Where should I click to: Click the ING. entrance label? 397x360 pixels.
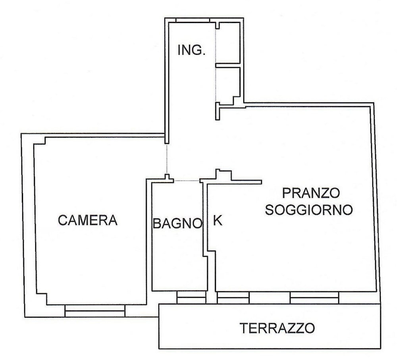click(x=192, y=50)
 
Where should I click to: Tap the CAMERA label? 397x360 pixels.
click(x=88, y=220)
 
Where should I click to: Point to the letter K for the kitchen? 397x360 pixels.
click(x=218, y=221)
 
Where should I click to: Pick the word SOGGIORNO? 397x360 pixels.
click(x=309, y=210)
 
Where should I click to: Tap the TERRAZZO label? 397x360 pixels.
click(x=278, y=328)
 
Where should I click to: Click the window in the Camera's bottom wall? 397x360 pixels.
click(x=95, y=310)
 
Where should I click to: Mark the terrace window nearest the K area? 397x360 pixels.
click(x=233, y=297)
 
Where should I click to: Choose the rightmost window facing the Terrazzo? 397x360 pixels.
click(x=314, y=297)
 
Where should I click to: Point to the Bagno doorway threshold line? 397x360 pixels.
click(x=187, y=181)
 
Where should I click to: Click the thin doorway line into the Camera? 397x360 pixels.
click(x=167, y=159)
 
